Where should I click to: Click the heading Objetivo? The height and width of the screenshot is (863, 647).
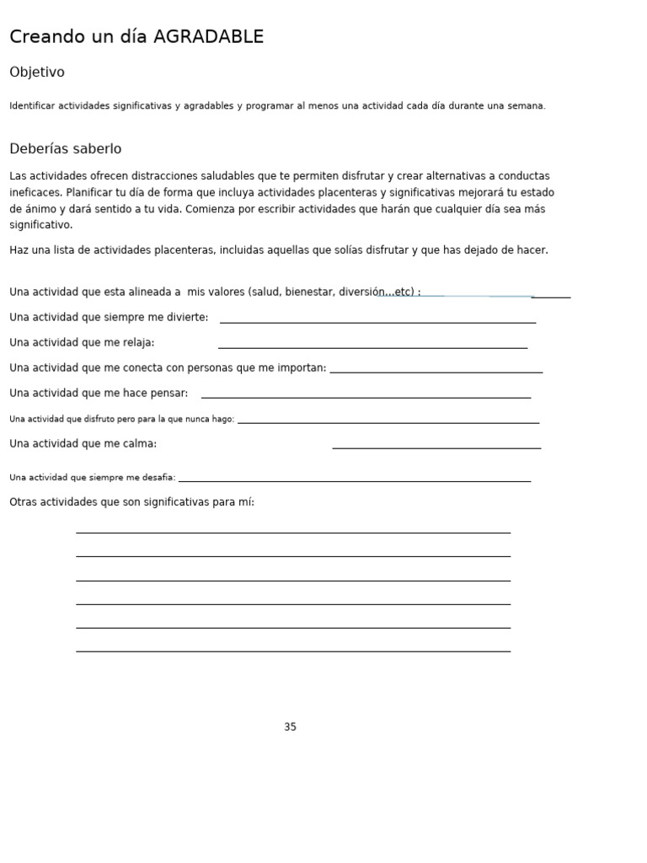(x=37, y=72)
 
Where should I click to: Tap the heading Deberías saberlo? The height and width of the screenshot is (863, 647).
(x=66, y=149)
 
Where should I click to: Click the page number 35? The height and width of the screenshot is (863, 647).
(x=290, y=727)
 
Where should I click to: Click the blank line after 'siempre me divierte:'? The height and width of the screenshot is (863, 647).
(x=377, y=321)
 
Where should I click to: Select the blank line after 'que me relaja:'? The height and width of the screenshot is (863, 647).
(x=372, y=346)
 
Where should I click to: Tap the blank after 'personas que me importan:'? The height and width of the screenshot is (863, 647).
(x=436, y=371)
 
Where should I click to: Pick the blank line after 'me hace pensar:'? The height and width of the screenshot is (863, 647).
(x=366, y=396)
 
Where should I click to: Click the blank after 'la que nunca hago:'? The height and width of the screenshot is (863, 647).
(x=388, y=421)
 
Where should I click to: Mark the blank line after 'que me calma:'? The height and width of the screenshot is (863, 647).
(x=436, y=448)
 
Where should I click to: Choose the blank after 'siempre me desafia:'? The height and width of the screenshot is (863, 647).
(x=354, y=480)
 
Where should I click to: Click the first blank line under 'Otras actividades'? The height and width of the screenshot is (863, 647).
(x=293, y=532)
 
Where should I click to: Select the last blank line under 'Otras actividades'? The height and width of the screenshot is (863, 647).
(x=293, y=651)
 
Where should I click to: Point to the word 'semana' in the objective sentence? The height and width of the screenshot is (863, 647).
(x=526, y=106)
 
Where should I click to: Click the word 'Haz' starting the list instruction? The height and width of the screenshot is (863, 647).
(x=19, y=250)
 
